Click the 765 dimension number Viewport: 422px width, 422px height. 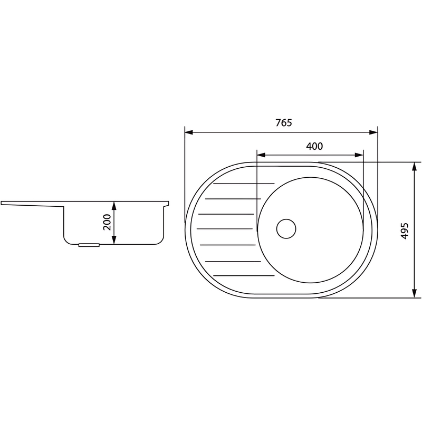(283, 123)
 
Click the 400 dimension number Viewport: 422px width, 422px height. (314, 146)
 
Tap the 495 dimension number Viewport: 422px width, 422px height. (405, 231)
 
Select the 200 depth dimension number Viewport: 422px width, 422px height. (107, 222)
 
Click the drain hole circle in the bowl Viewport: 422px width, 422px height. (286, 229)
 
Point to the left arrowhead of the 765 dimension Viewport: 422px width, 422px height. (189, 132)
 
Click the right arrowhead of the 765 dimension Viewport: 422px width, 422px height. (373, 132)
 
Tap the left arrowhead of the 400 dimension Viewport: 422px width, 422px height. (261, 155)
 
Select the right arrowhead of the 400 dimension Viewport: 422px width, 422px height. (359, 155)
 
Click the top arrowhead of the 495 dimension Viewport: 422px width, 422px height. (415, 166)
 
